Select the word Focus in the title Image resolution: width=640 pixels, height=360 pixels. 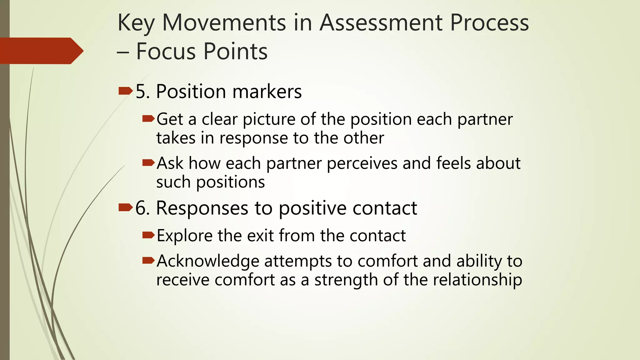167,51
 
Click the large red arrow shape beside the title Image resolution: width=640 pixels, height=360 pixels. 41,51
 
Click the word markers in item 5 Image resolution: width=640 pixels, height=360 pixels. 267,92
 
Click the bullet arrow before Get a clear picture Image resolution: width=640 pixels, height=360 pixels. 148,119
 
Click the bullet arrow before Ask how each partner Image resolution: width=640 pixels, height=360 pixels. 148,162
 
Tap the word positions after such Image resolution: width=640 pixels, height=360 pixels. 230,182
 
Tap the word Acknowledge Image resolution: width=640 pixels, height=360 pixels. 208,261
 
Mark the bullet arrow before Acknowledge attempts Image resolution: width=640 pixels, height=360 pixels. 148,260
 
